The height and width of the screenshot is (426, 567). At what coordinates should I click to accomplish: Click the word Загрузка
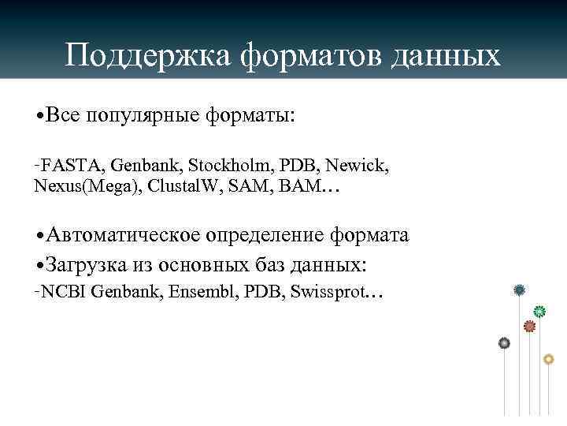click(84, 263)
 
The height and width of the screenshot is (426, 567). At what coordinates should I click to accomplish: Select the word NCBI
click(64, 292)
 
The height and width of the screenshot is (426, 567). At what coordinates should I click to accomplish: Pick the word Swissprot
click(327, 292)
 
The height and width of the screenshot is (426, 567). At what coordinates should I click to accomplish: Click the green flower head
click(539, 311)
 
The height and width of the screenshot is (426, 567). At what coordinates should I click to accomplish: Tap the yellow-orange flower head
click(549, 359)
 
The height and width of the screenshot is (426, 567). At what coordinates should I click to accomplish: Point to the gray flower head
click(505, 343)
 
